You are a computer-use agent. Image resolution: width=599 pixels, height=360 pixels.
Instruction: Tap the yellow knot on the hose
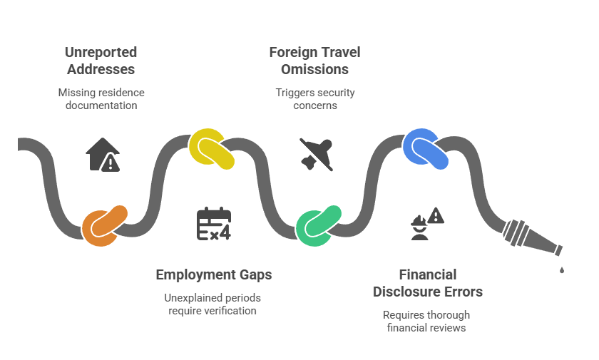(212, 150)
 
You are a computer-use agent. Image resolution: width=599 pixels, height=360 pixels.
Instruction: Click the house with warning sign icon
(103, 155)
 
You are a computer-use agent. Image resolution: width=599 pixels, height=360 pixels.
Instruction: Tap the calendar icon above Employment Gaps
(213, 223)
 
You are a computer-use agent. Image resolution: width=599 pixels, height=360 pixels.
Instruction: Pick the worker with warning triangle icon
(426, 222)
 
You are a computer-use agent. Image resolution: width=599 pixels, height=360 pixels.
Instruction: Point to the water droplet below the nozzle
(562, 269)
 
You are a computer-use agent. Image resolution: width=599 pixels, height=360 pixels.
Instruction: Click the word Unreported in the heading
(101, 53)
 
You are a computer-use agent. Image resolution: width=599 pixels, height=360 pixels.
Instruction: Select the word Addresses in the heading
(101, 70)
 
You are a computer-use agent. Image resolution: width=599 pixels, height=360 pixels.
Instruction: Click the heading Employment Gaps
(213, 274)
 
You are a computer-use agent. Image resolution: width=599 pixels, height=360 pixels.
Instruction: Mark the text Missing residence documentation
(101, 99)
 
